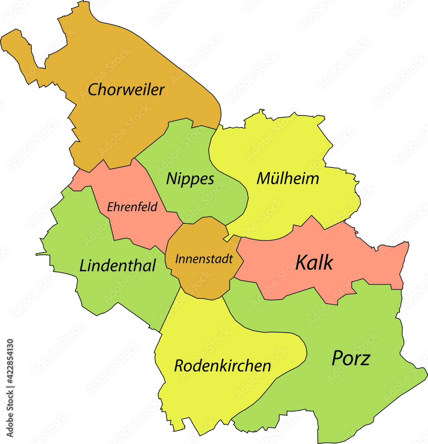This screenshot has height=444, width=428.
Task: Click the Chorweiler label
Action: coord(126,90)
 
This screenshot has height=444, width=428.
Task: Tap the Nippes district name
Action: coord(190,179)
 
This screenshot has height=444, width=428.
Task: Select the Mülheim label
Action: coord(288,178)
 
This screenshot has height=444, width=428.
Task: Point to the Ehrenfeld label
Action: coord(132,207)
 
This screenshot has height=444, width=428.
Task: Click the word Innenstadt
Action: coord(204,259)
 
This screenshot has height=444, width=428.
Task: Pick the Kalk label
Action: coord(314,263)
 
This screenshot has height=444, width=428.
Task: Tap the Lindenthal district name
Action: coord(118,266)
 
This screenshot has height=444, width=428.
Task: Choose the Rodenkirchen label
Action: coord(222,366)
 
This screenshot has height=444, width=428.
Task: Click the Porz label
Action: coord(351,358)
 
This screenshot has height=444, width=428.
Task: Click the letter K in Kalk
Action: coord(301,263)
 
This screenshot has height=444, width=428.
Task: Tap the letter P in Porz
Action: coord(337,358)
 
